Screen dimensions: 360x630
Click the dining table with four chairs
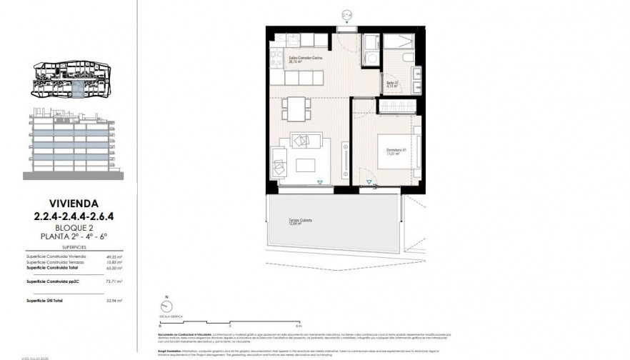[x=296, y=109]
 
